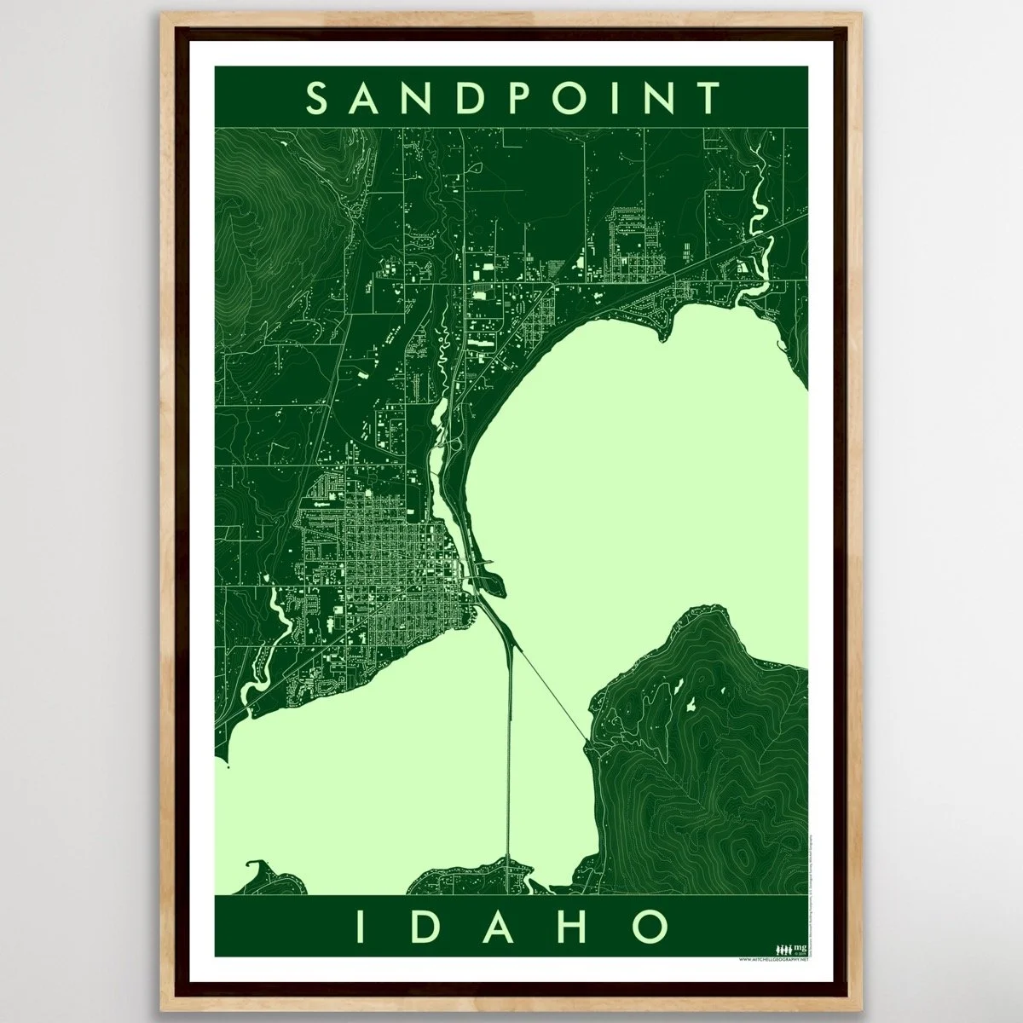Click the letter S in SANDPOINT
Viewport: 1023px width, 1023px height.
(315, 98)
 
